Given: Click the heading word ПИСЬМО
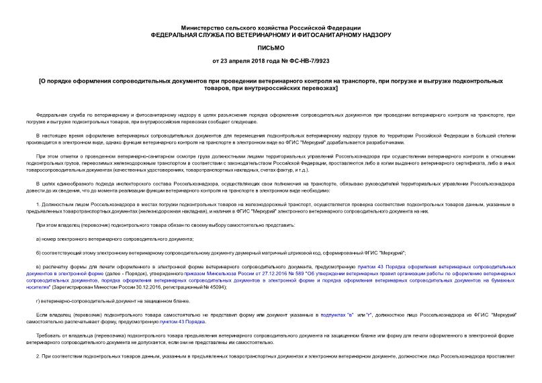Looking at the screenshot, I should point(271,48).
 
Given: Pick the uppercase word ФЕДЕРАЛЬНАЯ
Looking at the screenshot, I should point(180,34).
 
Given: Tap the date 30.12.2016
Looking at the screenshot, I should point(146,287).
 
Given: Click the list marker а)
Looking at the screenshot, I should point(40,239).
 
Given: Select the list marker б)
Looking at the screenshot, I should point(40,254).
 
